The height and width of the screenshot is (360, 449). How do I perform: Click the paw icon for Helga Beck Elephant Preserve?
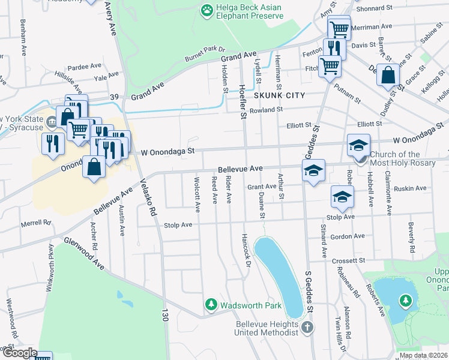[x=207, y=10]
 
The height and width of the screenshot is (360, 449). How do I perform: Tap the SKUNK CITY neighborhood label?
[x=279, y=95]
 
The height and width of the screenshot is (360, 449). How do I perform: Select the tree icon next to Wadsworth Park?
[x=211, y=305]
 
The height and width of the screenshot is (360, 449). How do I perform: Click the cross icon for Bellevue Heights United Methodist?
[x=307, y=327]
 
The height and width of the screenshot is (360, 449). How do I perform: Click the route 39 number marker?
[x=114, y=97]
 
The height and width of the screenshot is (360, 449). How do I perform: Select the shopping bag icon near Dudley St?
[x=389, y=76]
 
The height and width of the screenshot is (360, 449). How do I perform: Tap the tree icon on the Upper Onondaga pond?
[x=406, y=299]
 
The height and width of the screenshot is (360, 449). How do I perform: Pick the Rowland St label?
[x=266, y=110]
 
